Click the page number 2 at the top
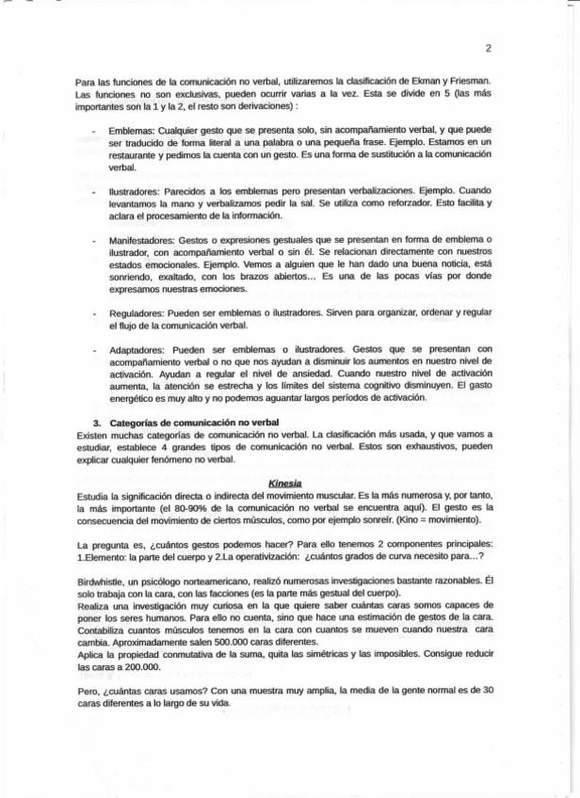pyautogui.click(x=489, y=48)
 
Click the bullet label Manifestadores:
pyautogui.click(x=141, y=241)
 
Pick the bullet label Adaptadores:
pyautogui.click(x=136, y=347)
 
